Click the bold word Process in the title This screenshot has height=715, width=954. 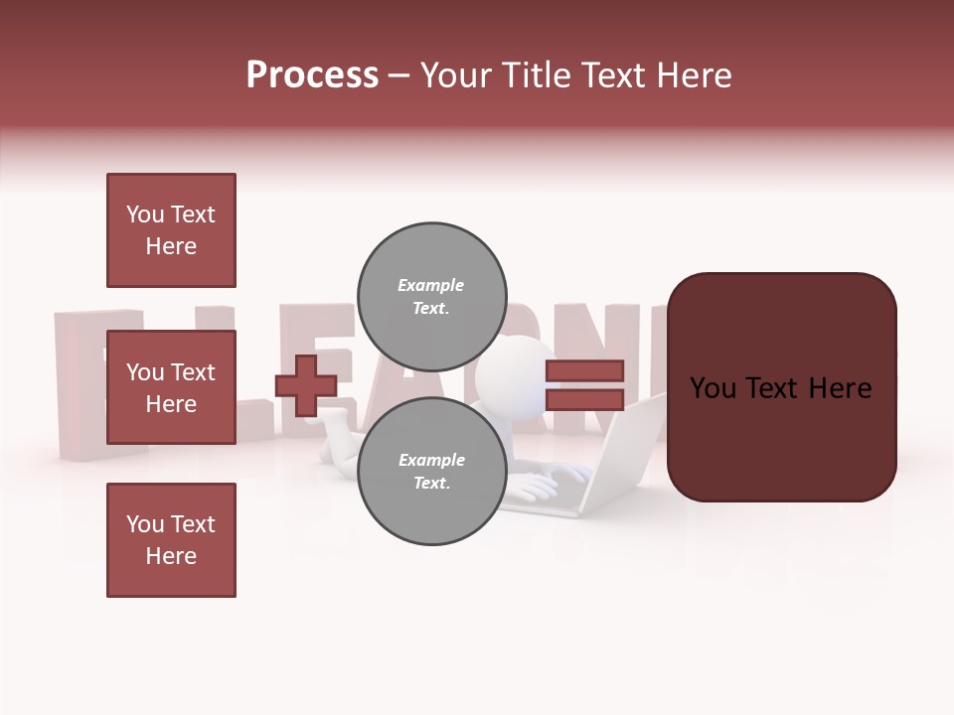pos(312,75)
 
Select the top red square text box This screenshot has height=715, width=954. pos(171,230)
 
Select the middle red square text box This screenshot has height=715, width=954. pos(171,387)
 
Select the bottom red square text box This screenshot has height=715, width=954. pos(171,540)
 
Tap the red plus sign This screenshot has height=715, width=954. pos(306,385)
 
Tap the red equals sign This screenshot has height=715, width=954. pos(584,385)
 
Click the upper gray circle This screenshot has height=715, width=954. pos(431,283)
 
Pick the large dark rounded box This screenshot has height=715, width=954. pos(781,387)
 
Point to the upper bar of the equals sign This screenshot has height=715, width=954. pos(584,371)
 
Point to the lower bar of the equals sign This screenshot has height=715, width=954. pos(584,399)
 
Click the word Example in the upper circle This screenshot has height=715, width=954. pos(431,285)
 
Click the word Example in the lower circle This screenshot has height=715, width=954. pos(431,460)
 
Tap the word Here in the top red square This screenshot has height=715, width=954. pos(171,246)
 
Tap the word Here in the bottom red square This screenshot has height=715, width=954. pos(171,556)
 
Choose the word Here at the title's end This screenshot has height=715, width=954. pos(692,75)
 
